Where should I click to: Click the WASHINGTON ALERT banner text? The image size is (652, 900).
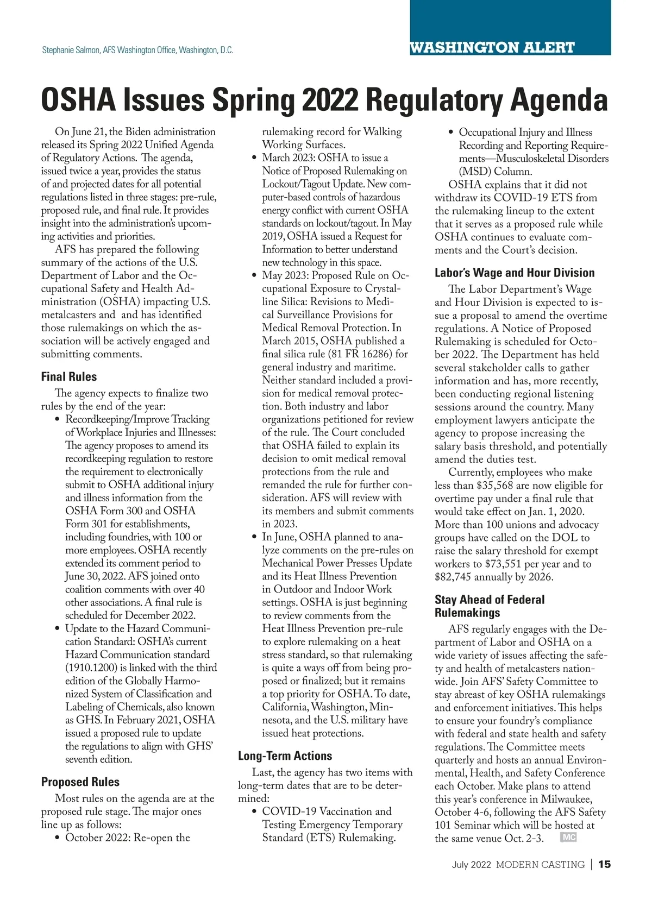point(492,48)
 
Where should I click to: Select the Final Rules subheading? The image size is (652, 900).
point(69,376)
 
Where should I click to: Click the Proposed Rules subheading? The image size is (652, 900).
point(80,782)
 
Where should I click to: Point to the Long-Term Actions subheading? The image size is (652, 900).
point(285,756)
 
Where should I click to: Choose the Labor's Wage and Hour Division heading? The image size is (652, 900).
point(515,273)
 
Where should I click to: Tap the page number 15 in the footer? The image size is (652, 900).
point(604,864)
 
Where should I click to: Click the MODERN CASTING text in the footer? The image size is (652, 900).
point(540,864)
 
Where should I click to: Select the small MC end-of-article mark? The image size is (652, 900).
point(568,838)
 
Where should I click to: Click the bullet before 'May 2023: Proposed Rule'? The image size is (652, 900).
point(254,276)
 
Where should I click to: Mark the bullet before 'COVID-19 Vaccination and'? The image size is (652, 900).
point(254,812)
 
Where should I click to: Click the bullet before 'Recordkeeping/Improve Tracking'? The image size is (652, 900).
point(58,420)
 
